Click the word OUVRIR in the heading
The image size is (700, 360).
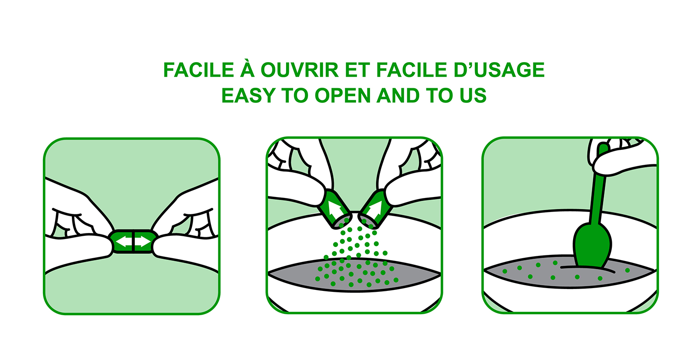click(x=300, y=70)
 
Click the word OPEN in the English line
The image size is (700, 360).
click(x=343, y=95)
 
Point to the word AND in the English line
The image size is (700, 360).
click(x=398, y=95)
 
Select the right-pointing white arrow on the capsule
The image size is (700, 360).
click(x=143, y=241)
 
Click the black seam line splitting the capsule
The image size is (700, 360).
click(x=133, y=241)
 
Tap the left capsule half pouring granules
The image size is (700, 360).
click(x=334, y=209)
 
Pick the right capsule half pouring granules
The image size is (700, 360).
click(x=375, y=209)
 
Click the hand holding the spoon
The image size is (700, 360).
click(x=622, y=156)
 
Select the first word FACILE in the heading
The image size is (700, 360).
click(x=198, y=70)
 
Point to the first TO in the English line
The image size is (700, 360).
click(x=295, y=95)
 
